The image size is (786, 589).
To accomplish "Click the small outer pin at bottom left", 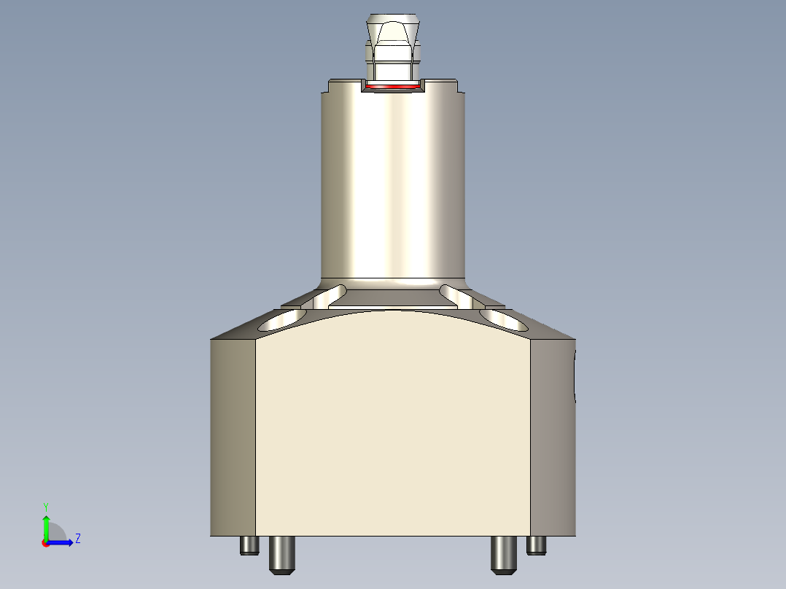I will [x=249, y=545].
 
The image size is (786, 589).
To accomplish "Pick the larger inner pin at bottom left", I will [x=282, y=554].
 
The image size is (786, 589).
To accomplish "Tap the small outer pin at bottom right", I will [x=537, y=545].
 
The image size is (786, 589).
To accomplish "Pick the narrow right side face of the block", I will [x=552, y=437].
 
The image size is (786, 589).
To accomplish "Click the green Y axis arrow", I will [x=46, y=524].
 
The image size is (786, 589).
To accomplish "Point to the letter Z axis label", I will [x=77, y=539].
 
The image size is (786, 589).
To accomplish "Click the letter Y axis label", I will [x=46, y=506].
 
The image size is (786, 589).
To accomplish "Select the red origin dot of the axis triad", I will [x=45, y=543].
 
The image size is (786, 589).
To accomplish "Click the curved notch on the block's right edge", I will [x=575, y=375].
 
